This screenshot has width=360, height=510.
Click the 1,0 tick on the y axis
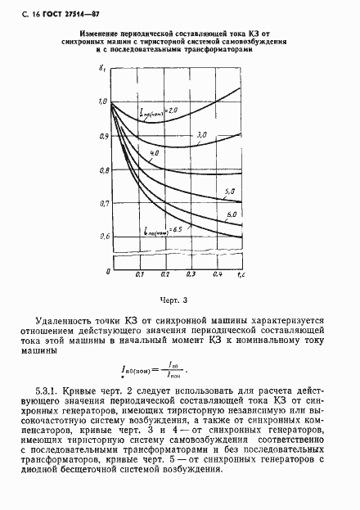(x=102, y=102)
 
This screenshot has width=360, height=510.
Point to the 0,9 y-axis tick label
(x=102, y=135)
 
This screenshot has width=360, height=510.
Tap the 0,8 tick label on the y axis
(x=102, y=170)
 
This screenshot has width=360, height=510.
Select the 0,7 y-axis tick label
(x=102, y=203)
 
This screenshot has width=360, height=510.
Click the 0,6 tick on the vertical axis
(x=102, y=237)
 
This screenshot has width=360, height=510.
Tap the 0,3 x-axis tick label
(x=191, y=275)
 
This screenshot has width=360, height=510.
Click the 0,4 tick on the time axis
(x=217, y=275)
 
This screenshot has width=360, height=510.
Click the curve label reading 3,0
(x=202, y=134)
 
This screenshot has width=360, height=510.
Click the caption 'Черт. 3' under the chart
(x=176, y=300)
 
